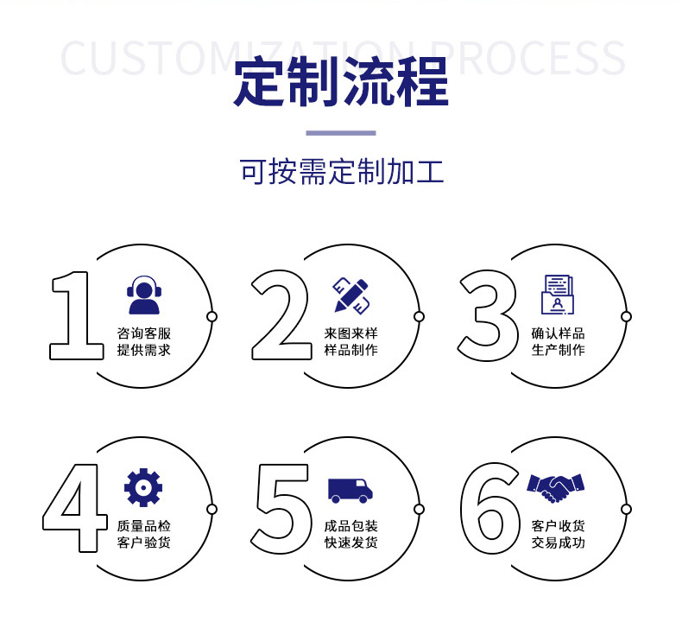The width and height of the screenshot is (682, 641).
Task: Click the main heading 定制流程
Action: tap(341, 82)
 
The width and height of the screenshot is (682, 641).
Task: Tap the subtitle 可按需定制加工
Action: tap(341, 172)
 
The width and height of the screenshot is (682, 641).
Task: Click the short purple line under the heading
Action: tap(341, 133)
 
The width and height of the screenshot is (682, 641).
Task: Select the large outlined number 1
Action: tap(74, 314)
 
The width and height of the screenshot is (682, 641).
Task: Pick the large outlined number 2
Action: tap(281, 314)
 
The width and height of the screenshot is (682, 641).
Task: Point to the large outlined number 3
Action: tap(489, 314)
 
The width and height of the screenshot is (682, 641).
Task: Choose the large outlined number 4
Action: tap(74, 508)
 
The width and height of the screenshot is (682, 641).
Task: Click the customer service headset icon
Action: tap(143, 295)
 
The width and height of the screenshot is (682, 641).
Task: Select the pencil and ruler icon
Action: tap(351, 295)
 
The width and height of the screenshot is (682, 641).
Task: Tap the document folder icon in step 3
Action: tap(558, 295)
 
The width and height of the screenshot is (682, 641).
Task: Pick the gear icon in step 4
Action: tap(143, 487)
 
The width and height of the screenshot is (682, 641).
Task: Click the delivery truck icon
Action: tap(350, 490)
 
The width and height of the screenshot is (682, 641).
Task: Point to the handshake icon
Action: tap(556, 487)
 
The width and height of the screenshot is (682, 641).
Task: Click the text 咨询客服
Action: tap(143, 333)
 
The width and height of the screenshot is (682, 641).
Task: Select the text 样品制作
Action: tap(350, 350)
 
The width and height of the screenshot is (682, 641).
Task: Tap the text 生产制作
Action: tap(558, 350)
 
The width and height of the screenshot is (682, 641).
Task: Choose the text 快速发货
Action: tap(350, 543)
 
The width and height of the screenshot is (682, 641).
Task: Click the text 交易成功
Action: tap(558, 543)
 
